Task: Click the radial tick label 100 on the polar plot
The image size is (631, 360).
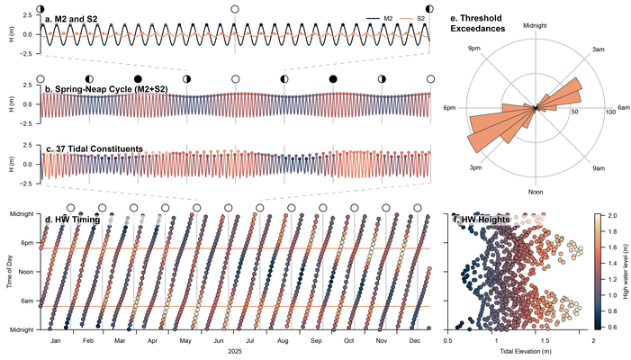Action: click(x=610, y=112)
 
